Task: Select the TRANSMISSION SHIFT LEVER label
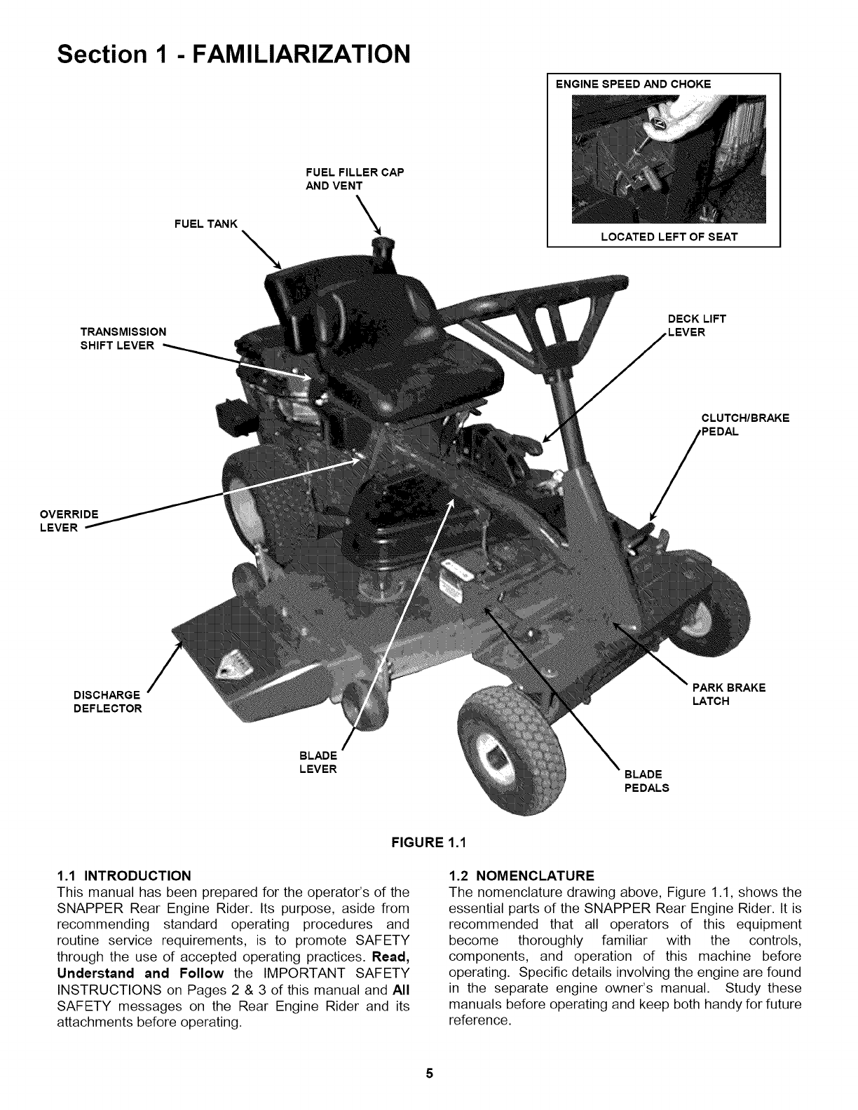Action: (x=123, y=338)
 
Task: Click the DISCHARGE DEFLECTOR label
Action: (x=107, y=701)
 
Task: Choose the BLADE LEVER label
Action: (x=318, y=762)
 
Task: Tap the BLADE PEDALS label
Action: (x=646, y=781)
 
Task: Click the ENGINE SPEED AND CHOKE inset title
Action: (x=633, y=84)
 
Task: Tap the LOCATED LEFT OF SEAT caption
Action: (x=669, y=237)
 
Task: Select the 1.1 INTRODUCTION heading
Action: (x=123, y=875)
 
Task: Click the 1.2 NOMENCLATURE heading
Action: (x=521, y=875)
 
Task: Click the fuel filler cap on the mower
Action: (x=383, y=247)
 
